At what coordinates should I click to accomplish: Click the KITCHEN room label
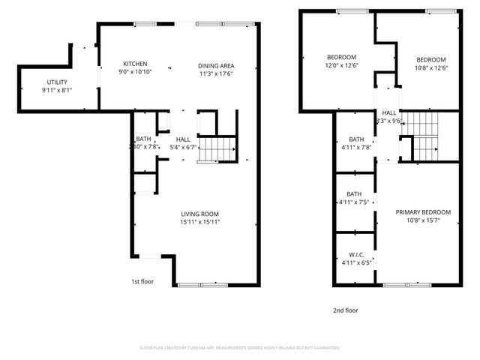[136, 64]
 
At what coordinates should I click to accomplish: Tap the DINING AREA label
[216, 64]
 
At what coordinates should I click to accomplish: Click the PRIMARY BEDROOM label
[423, 212]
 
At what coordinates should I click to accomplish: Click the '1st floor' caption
[142, 282]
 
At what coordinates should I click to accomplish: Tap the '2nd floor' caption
[346, 309]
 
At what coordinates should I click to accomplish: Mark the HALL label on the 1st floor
[183, 139]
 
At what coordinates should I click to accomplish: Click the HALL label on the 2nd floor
[389, 112]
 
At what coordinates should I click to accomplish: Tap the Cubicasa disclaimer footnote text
[240, 348]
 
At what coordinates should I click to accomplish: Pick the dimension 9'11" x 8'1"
[56, 90]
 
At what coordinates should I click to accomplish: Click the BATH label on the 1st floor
[142, 139]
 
